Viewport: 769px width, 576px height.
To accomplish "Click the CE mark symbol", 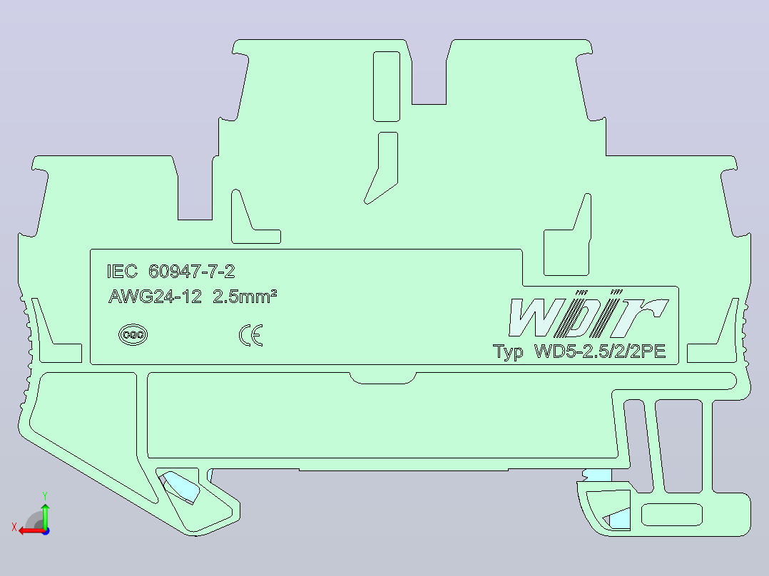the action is click(250, 335).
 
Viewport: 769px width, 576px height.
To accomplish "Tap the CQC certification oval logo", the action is click(133, 335).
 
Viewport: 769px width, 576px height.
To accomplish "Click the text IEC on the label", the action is click(122, 271).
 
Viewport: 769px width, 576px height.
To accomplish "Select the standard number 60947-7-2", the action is click(192, 271).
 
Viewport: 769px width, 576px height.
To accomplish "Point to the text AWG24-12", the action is click(155, 297).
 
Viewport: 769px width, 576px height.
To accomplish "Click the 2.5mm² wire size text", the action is click(245, 296).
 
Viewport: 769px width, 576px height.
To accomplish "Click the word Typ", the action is click(508, 352).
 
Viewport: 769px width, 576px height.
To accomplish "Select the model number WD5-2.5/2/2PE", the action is click(600, 351).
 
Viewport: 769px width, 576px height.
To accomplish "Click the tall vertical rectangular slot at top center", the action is click(387, 86).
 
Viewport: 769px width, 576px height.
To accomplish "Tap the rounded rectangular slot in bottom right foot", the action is click(672, 515).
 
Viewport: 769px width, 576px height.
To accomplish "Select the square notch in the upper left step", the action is click(195, 194).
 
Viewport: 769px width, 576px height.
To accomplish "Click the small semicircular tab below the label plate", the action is click(383, 378).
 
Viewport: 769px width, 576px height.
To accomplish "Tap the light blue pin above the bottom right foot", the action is click(597, 475).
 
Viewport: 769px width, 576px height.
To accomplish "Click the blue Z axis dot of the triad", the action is click(46, 531).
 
